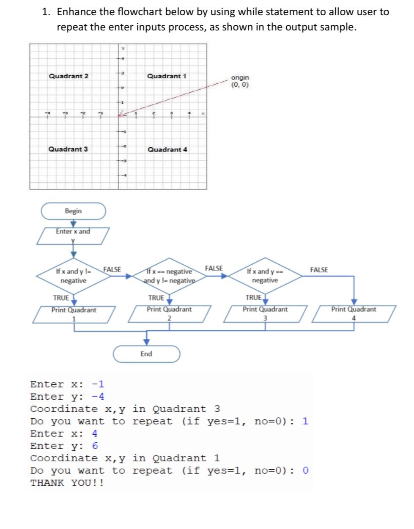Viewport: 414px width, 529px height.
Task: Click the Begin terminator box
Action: (x=73, y=211)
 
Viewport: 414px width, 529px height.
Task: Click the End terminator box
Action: (x=146, y=354)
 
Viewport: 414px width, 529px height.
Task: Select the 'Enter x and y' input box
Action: (x=73, y=236)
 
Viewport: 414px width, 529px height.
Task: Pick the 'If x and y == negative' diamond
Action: (x=265, y=276)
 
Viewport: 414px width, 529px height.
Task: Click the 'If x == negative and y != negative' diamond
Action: (x=169, y=276)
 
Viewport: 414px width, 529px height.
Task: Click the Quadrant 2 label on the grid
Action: (x=69, y=76)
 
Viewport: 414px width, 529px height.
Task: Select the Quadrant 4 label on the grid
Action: (x=167, y=150)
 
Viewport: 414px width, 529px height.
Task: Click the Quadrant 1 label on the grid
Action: (x=167, y=76)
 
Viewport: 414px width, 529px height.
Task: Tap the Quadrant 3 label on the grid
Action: (x=68, y=149)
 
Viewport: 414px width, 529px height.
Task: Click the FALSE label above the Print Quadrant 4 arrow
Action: (x=319, y=270)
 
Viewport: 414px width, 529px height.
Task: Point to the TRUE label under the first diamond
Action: (x=61, y=298)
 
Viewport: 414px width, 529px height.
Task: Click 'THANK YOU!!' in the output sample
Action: (x=67, y=483)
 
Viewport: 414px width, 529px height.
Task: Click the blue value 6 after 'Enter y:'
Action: (x=95, y=446)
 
